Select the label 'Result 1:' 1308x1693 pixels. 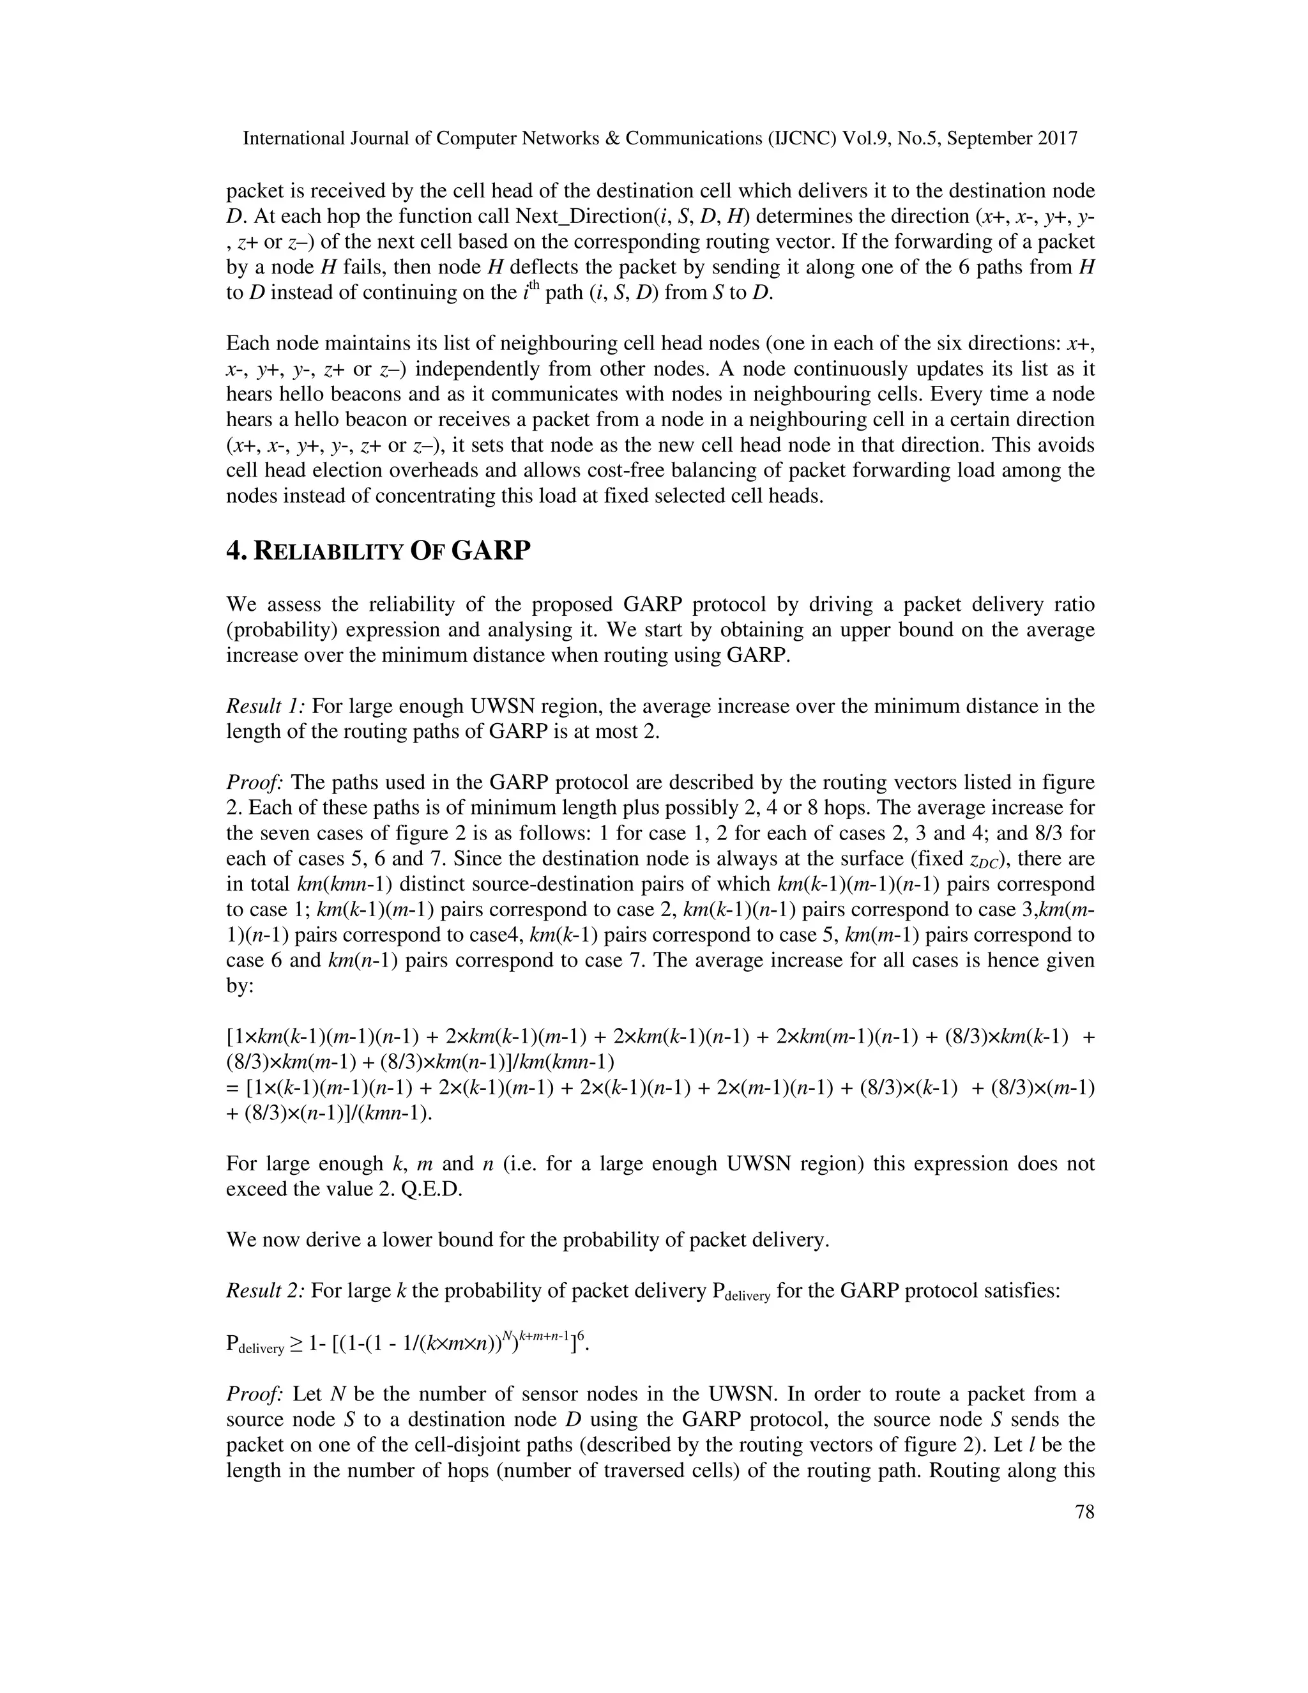coord(266,706)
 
